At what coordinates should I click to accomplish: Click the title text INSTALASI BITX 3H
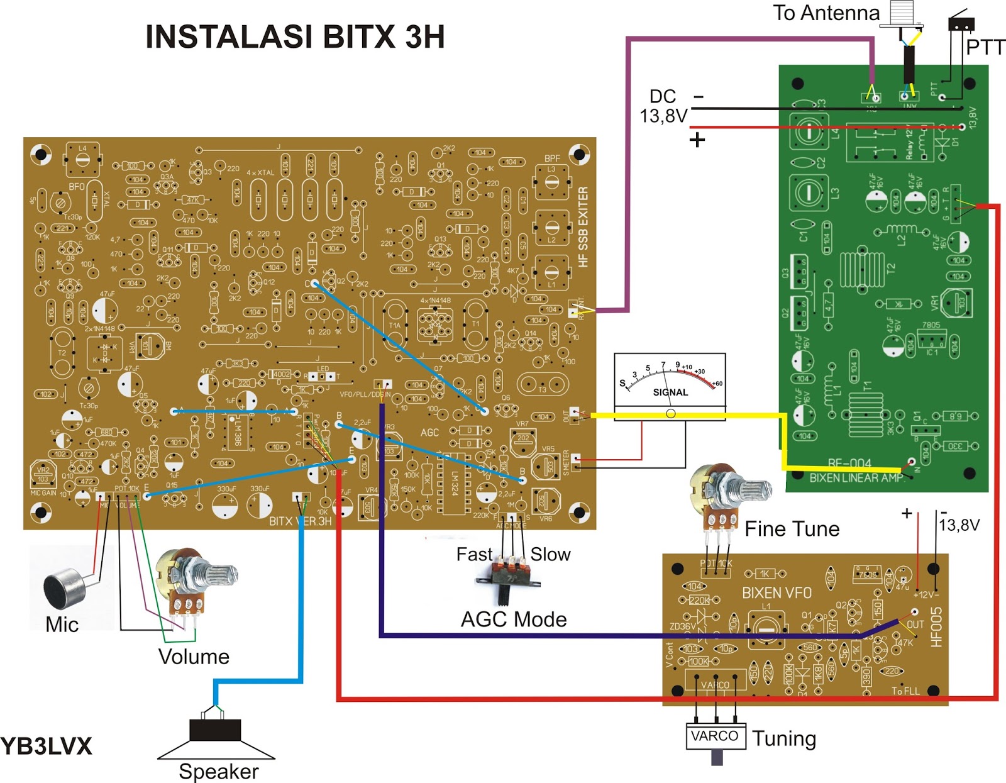click(x=295, y=37)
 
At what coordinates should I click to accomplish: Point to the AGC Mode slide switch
click(x=508, y=575)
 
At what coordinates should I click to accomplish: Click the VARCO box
click(x=715, y=736)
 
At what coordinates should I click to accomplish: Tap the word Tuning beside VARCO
click(x=784, y=738)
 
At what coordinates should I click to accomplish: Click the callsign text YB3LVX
click(x=47, y=747)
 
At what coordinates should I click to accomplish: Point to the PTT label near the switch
click(x=985, y=47)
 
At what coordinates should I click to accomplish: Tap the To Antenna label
click(x=826, y=13)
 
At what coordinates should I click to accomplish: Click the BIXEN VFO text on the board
click(x=777, y=593)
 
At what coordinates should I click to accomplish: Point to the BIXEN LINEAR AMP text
click(x=856, y=478)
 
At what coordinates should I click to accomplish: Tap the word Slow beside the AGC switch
click(x=550, y=555)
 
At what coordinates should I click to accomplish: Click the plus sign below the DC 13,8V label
click(x=697, y=140)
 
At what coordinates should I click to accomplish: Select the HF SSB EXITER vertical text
click(x=583, y=226)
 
